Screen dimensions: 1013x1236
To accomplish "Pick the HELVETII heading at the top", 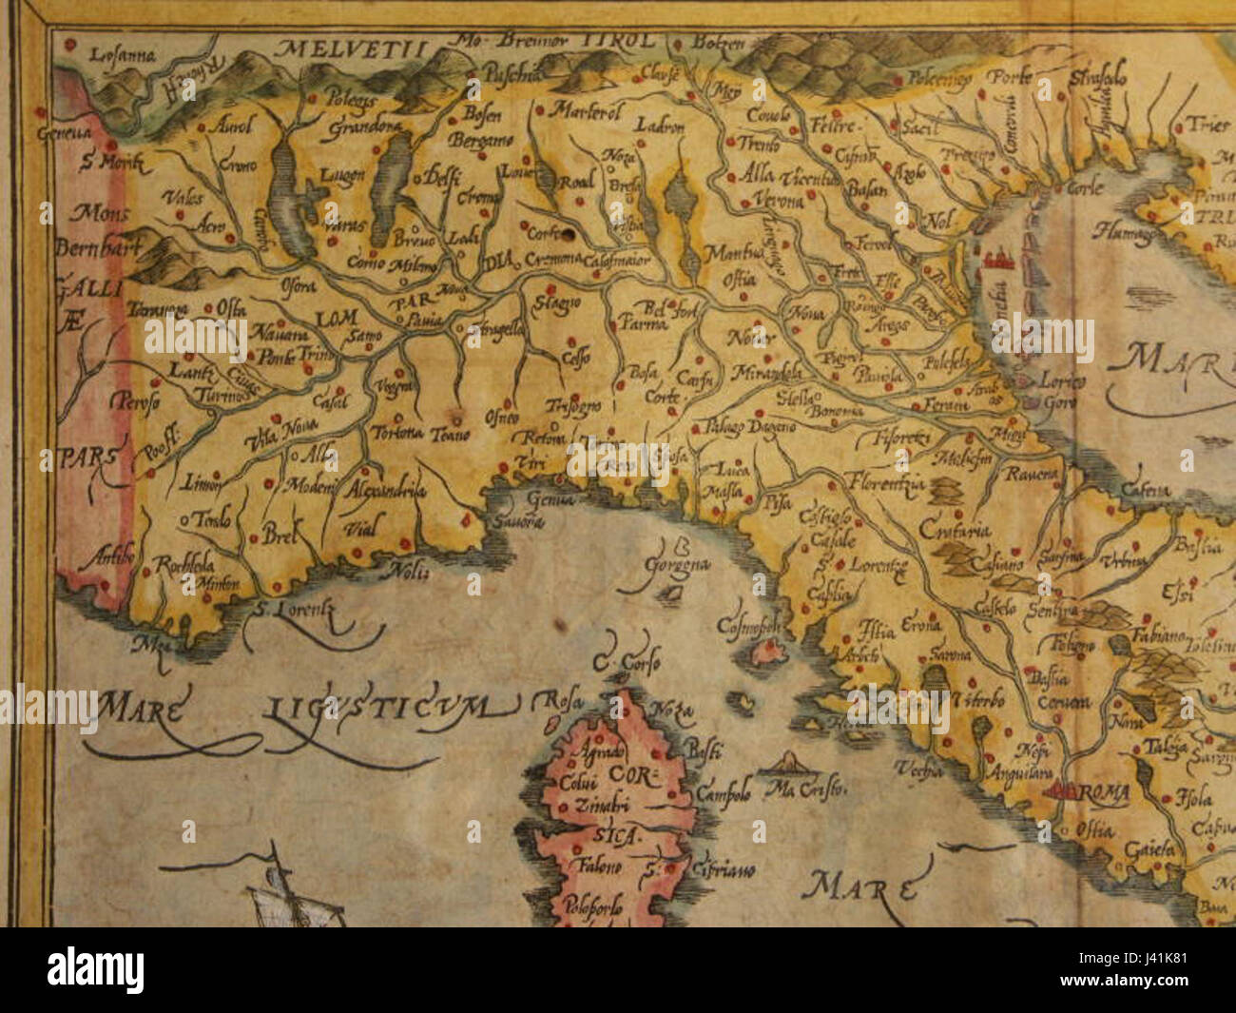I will [347, 45].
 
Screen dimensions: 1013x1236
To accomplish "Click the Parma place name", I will [644, 323].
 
